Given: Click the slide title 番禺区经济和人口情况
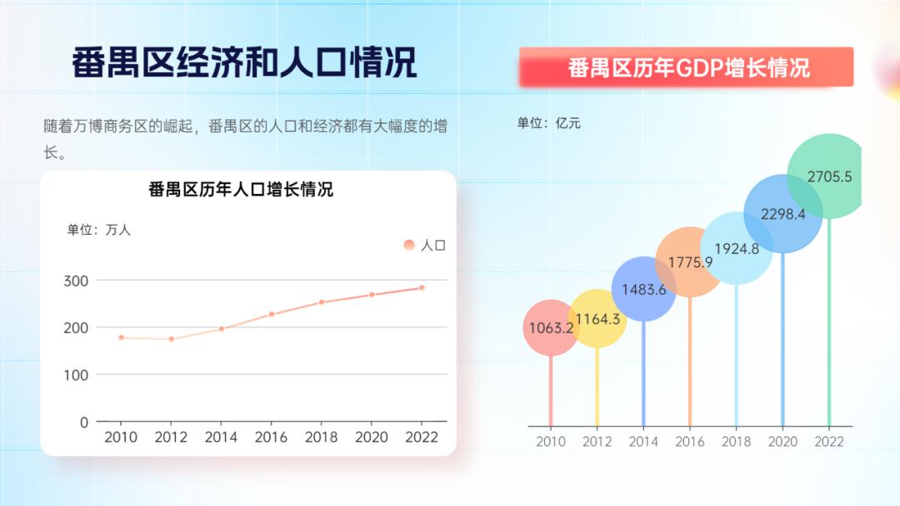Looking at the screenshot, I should point(243,63).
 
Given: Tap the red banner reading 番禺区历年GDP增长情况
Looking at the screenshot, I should point(687,67).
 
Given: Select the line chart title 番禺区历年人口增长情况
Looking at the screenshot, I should point(241,190).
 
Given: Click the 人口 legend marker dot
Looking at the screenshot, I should point(408,245).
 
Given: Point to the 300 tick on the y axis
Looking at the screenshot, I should point(76,280).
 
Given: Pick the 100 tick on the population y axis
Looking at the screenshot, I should point(76,375).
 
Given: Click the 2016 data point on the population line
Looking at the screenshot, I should point(272,315).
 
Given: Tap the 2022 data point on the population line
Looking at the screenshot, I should point(422,288).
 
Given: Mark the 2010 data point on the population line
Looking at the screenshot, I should point(121,338).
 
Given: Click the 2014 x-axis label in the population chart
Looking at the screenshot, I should point(221,437).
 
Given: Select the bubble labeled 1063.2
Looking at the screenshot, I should point(551,328).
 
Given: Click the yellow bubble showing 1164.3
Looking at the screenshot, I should point(597,319).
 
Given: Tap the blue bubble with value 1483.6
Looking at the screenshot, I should point(643,290).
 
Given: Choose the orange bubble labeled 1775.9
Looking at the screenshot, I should point(690,262).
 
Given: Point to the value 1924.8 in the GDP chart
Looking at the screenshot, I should point(737,248).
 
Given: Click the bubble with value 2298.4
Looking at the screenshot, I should point(783,214).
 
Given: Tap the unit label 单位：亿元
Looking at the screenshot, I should point(548,123).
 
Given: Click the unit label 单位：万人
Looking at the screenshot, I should point(99,230).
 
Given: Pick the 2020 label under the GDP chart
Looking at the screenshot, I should point(783,442).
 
